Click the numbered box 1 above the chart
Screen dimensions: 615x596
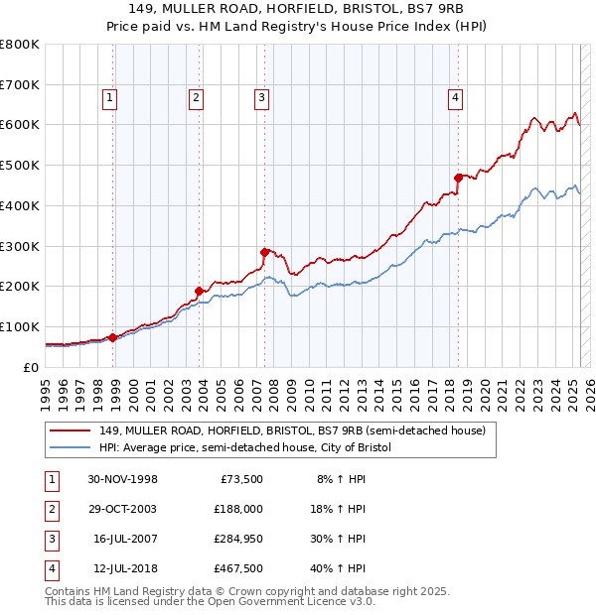[108, 97]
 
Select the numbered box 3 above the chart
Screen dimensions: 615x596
[260, 97]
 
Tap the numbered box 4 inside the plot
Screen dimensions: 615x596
[454, 97]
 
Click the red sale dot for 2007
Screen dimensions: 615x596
[265, 251]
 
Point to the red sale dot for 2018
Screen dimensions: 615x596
[459, 178]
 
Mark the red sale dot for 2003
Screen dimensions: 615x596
[200, 291]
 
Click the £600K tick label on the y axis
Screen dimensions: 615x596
[20, 125]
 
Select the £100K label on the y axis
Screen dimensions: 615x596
[20, 326]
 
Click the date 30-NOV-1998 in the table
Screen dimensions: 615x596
[122, 479]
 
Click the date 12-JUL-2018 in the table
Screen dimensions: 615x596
[122, 568]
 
